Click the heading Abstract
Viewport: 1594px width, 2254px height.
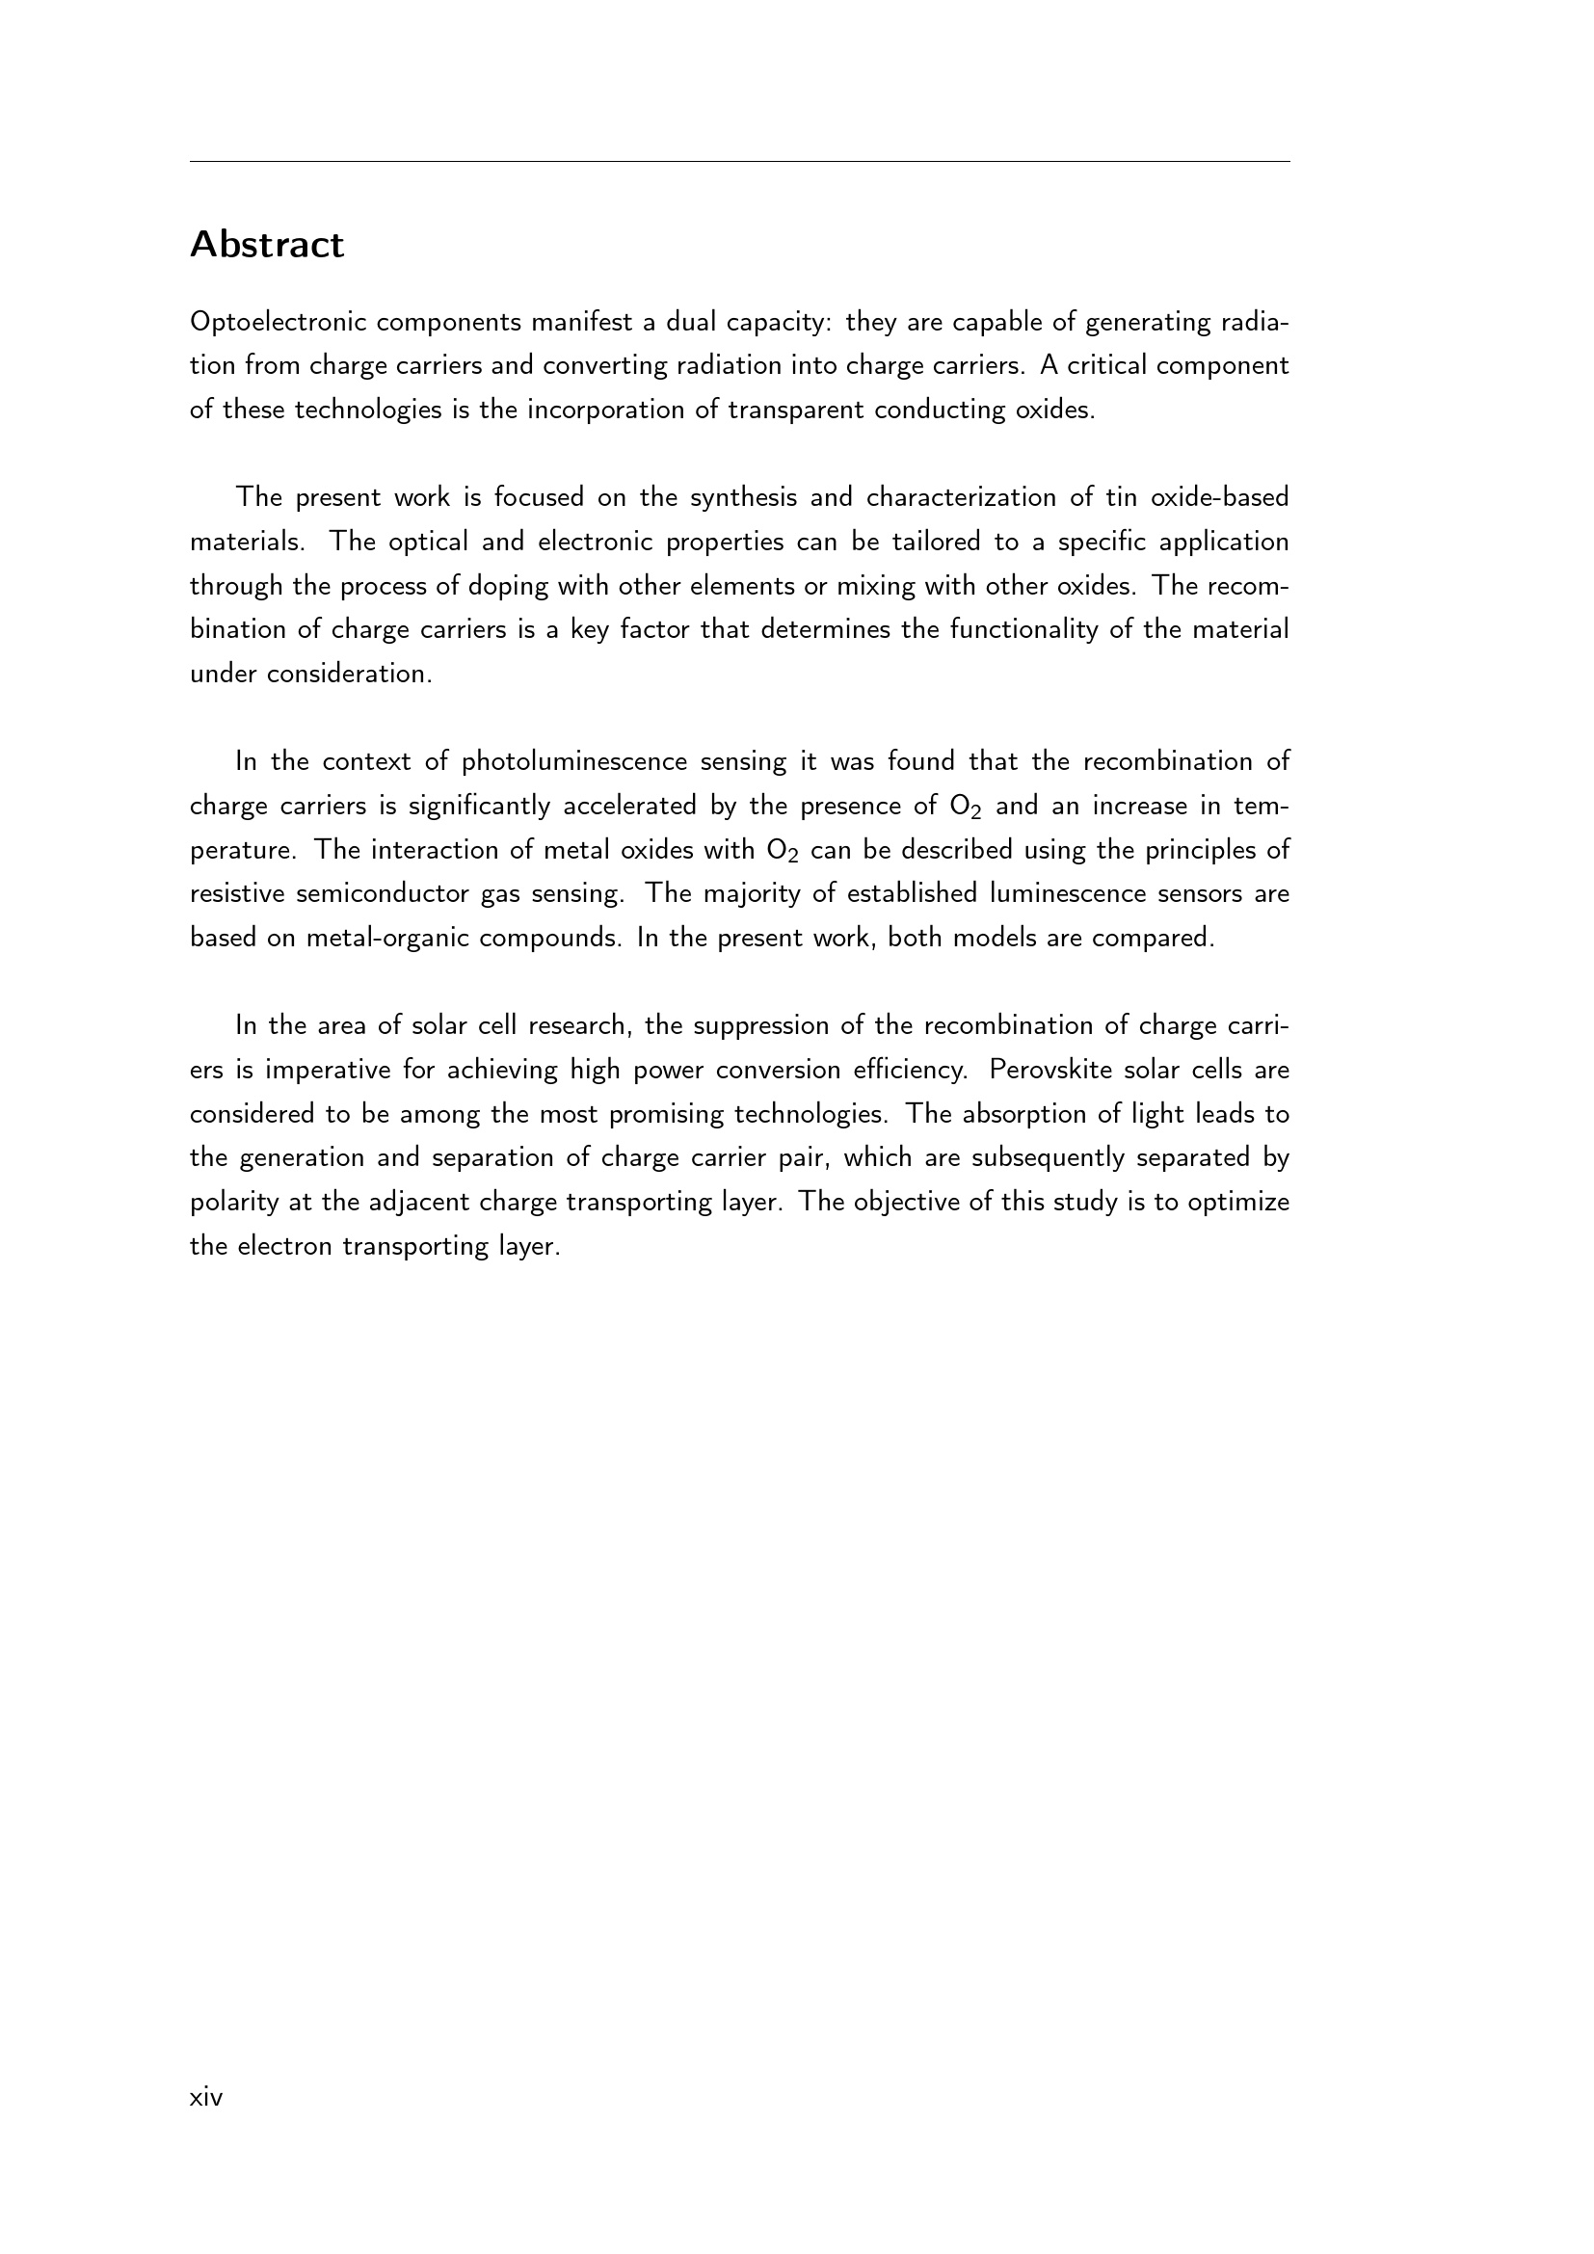coord(267,245)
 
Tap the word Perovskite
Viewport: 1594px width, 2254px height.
coord(1050,1069)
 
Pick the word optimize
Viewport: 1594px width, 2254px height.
coord(1238,1202)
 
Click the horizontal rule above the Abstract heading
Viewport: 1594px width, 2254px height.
coord(739,161)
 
